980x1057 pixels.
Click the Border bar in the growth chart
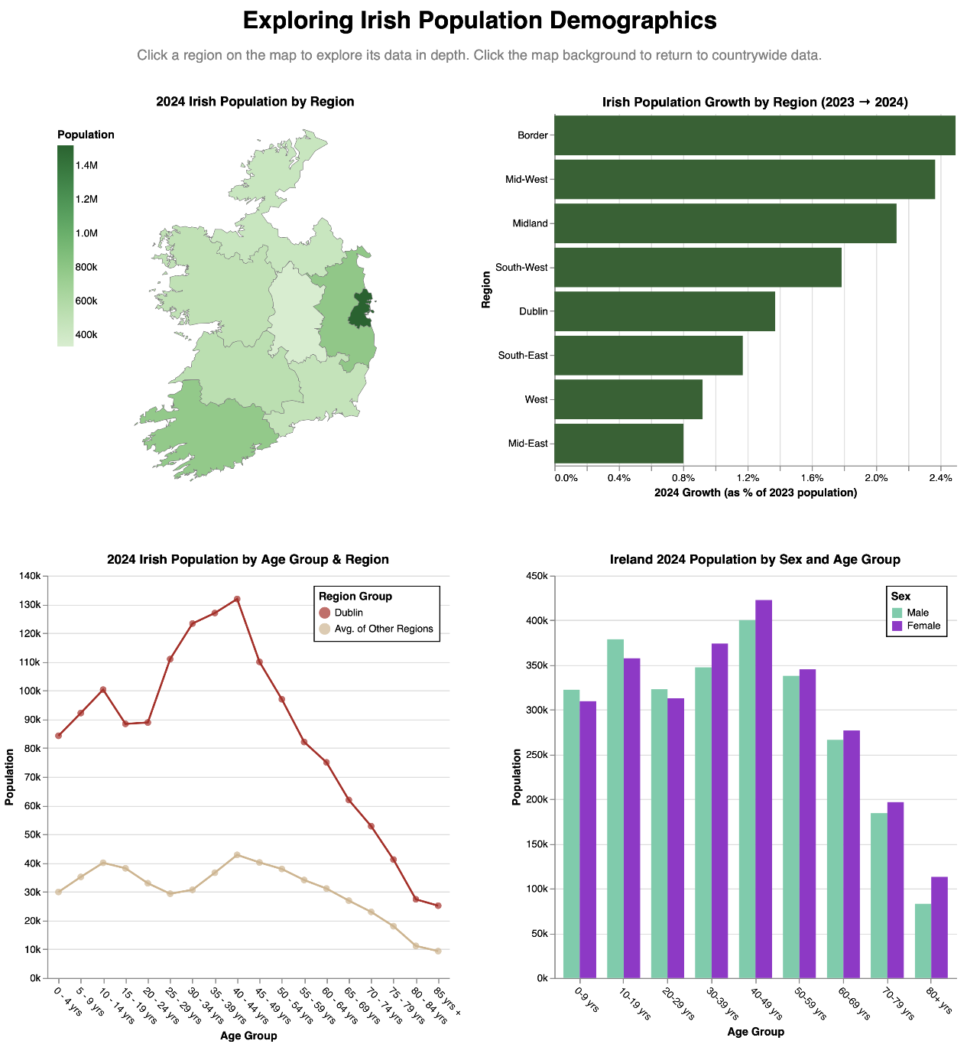coord(754,135)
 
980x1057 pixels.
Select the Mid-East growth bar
coord(618,444)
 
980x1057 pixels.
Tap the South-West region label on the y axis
coord(521,267)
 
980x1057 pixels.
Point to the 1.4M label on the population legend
coord(86,165)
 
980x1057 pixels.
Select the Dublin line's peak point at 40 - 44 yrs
coord(237,600)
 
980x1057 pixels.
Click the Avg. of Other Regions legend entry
coord(375,629)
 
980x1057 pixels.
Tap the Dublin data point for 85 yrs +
coord(438,906)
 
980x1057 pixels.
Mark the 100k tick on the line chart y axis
coord(31,691)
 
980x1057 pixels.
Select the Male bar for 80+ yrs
coord(923,941)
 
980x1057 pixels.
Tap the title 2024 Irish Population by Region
coord(255,102)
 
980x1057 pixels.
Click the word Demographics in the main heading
coord(633,21)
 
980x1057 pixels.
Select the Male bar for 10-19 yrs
coord(615,809)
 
